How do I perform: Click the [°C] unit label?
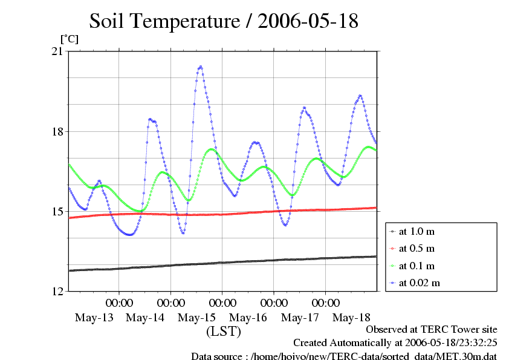pos(68,39)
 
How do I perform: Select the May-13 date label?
pos(94,317)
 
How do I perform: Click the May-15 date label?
pos(197,317)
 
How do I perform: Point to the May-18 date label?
pos(352,317)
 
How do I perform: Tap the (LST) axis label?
pos(224,332)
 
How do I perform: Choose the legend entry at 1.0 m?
pos(417,231)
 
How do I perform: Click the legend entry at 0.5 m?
pos(417,248)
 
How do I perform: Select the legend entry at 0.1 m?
pos(417,265)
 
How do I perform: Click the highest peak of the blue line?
pos(200,67)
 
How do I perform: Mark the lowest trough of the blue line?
pos(129,235)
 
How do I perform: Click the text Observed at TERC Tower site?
pos(432,330)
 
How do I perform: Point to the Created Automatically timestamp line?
pos(395,342)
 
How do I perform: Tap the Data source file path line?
pos(344,355)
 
